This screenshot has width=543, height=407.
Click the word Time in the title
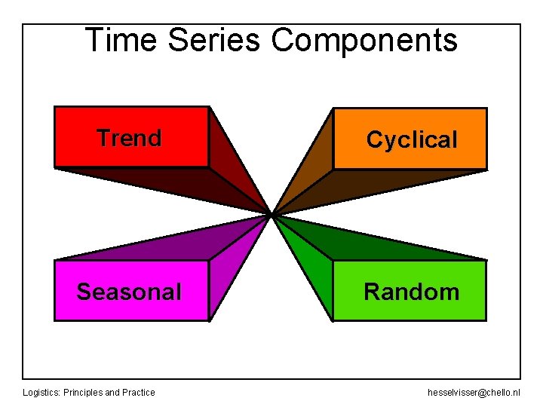coord(121,40)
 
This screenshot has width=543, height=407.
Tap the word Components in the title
coord(364,40)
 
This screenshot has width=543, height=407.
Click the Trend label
coord(129,138)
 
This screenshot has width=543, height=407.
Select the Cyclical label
coord(412,139)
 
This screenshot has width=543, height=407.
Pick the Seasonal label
coord(129,292)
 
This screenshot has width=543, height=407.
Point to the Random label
coord(412,292)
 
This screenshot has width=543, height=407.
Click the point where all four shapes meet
coord(271,215)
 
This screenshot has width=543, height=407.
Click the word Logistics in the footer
coord(41,392)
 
